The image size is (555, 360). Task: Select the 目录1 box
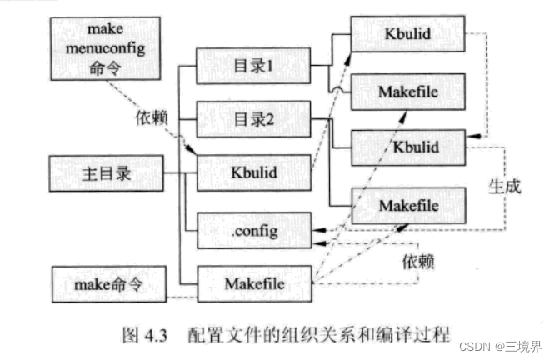tap(252, 66)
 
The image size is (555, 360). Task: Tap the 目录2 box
tap(252, 118)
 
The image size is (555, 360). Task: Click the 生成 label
tap(505, 186)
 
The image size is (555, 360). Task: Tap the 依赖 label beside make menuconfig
tap(154, 117)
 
